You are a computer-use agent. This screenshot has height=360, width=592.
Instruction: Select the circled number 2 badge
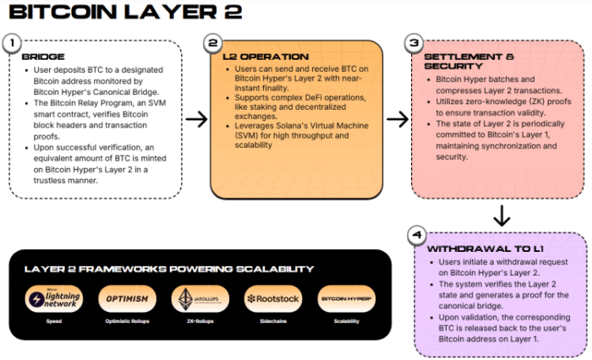point(214,41)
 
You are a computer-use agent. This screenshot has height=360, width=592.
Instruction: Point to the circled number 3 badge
point(414,41)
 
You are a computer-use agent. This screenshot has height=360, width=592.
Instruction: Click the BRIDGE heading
point(37,57)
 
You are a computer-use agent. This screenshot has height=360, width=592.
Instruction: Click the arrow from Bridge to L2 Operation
point(196,119)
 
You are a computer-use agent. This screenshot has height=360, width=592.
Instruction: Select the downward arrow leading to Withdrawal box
point(502,215)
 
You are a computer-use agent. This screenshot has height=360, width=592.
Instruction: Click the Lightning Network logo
point(58,298)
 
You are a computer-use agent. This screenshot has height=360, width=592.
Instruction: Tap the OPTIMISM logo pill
point(126,298)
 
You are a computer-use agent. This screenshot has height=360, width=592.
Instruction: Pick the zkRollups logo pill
point(196,298)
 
